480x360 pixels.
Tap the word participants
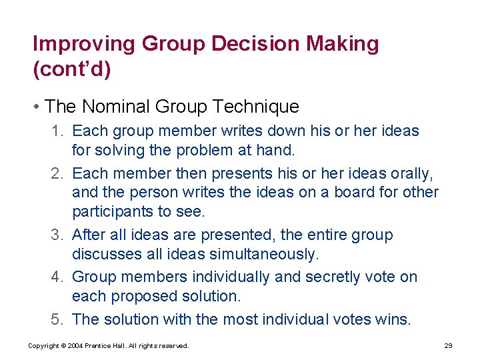(x=115, y=211)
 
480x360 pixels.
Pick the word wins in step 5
(x=393, y=319)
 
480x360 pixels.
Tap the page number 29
(x=448, y=346)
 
